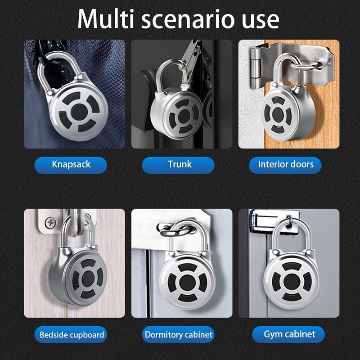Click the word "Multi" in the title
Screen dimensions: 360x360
(x=106, y=19)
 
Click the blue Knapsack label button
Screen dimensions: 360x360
(x=71, y=165)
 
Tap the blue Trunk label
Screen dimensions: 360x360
(x=178, y=165)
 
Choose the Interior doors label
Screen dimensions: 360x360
(x=285, y=165)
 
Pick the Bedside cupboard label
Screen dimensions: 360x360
(x=71, y=334)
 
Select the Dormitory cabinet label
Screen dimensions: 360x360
(x=178, y=334)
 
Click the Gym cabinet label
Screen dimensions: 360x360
(x=288, y=334)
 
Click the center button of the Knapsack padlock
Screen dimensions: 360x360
(x=79, y=112)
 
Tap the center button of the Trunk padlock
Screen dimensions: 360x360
(x=184, y=117)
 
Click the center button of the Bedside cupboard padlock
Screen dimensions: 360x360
(x=88, y=279)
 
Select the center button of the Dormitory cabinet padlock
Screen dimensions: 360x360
(x=187, y=282)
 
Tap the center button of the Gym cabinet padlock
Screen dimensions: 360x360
(x=292, y=282)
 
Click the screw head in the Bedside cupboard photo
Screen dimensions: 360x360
(x=50, y=223)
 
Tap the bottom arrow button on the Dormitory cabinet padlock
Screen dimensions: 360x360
(x=187, y=297)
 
